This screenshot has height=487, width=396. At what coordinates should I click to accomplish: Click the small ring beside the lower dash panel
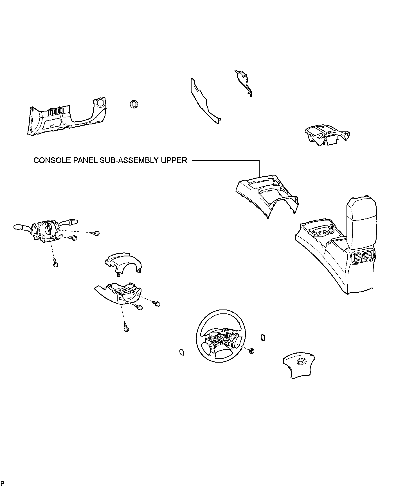134,104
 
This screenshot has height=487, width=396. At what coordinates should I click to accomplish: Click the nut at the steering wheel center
252,350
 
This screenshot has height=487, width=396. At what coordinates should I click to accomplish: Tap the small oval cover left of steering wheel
182,352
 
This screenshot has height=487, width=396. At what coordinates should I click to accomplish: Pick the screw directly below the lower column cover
126,327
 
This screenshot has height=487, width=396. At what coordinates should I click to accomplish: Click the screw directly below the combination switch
55,263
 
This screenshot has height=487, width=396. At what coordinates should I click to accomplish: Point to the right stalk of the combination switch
70,222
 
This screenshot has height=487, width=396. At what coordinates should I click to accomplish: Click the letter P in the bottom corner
3,483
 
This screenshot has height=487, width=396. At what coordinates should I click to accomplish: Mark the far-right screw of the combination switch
96,233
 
